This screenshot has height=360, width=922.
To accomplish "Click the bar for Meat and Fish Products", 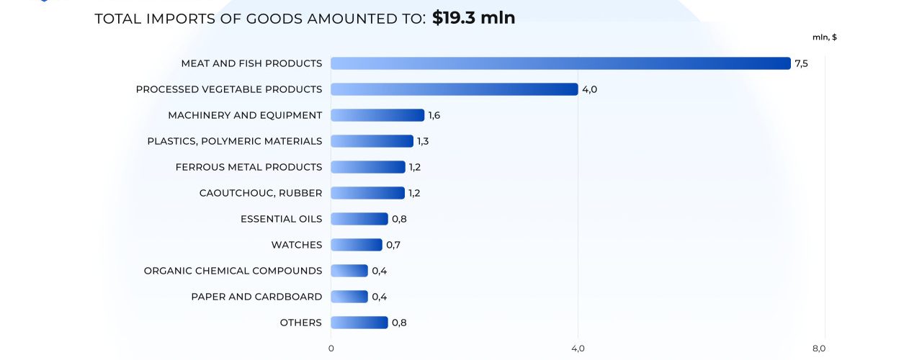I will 560,63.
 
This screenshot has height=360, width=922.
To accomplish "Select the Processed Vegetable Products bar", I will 454,89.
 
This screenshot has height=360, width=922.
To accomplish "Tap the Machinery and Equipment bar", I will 377,115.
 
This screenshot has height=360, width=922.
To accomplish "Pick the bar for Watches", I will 356,245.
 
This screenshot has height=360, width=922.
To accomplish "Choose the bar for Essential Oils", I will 359,219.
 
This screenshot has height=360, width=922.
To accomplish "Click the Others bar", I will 359,323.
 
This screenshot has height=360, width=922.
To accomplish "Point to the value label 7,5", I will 801,63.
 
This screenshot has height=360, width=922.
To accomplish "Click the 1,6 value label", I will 434,115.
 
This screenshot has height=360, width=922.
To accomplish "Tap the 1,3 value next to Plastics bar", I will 423,141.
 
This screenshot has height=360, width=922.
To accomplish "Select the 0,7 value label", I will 393,245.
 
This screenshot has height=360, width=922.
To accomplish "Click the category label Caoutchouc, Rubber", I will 261,193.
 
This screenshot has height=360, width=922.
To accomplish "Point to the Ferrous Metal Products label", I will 249,167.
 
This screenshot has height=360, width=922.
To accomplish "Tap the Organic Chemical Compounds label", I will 233,271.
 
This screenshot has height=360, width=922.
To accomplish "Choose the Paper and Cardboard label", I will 256,297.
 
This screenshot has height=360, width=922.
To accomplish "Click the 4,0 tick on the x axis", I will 578,348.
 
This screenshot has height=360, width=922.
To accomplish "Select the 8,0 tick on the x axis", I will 819,348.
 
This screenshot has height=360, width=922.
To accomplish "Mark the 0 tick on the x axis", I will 331,348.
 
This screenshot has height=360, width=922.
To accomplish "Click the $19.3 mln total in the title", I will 473,18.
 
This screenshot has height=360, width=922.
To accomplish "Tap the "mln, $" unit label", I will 824,37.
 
